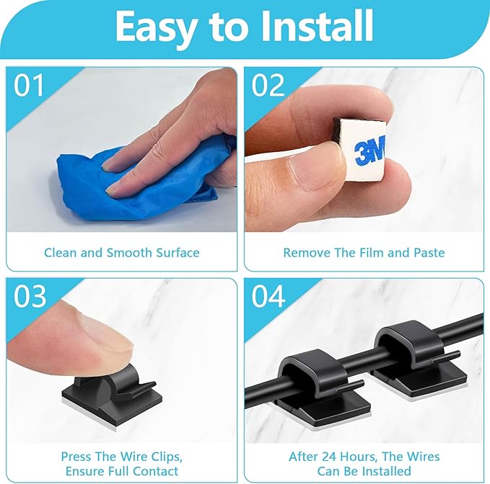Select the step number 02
tap(269, 86)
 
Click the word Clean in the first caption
tap(61, 253)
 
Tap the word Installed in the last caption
tap(387, 472)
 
